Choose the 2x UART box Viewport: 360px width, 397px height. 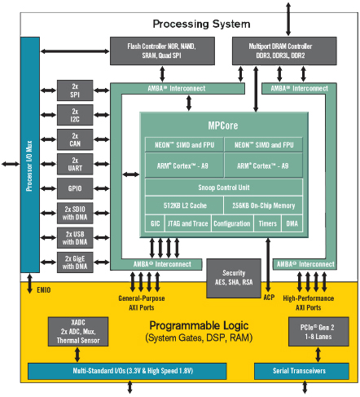coord(74,164)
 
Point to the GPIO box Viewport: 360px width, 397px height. coord(74,188)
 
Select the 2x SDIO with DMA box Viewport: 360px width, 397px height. coord(74,213)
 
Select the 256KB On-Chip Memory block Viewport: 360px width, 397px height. coord(262,205)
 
